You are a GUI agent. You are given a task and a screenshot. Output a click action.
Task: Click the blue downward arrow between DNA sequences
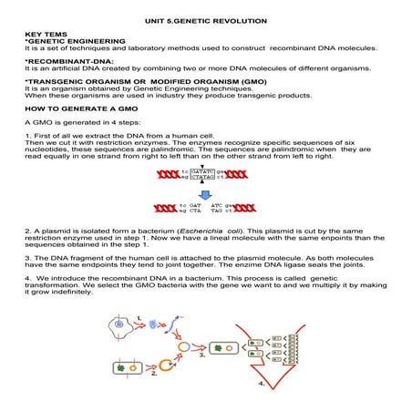pos(205,193)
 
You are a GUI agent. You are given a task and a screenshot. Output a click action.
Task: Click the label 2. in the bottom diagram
pos(155,375)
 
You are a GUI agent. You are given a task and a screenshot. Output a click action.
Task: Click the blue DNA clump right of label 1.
pos(156,323)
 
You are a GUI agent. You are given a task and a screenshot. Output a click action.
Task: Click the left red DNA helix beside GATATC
pos(165,175)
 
